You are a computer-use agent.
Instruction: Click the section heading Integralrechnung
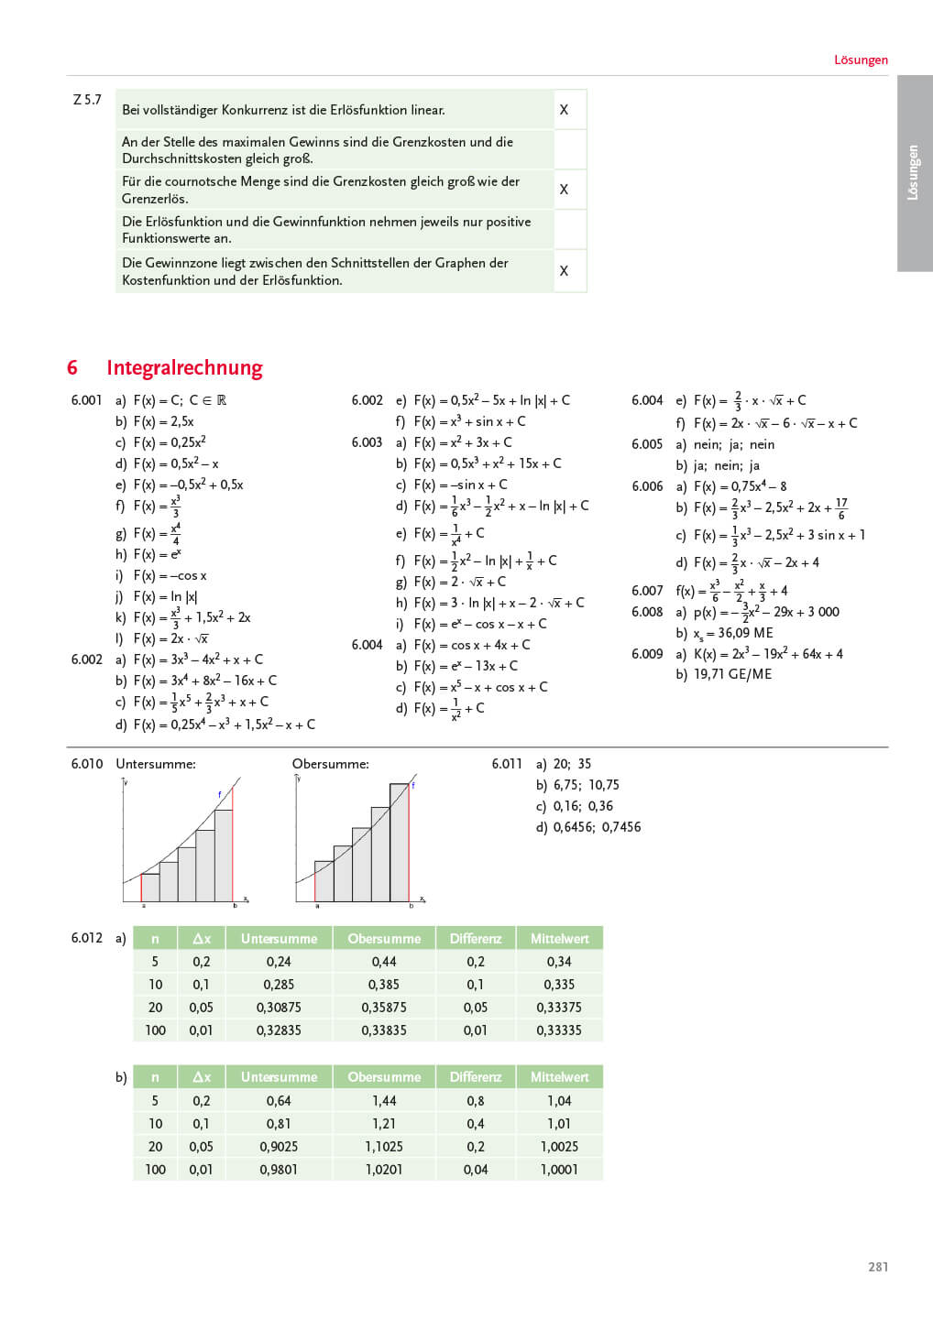pyautogui.click(x=184, y=368)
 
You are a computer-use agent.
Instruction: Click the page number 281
pyautogui.click(x=877, y=1267)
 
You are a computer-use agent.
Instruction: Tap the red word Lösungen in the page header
pyautogui.click(x=861, y=60)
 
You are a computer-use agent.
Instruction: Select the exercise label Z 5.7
pyautogui.click(x=87, y=100)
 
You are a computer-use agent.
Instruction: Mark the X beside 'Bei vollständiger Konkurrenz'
pyautogui.click(x=564, y=110)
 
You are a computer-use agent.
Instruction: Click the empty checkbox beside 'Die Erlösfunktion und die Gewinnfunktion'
pyautogui.click(x=570, y=229)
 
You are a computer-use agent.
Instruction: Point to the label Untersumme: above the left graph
pyautogui.click(x=156, y=764)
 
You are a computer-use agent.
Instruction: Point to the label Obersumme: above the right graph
pyautogui.click(x=331, y=764)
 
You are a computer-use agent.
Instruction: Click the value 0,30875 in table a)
pyautogui.click(x=279, y=1008)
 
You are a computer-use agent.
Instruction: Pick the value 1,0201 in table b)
pyautogui.click(x=384, y=1170)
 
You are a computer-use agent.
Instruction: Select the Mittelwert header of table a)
pyautogui.click(x=559, y=939)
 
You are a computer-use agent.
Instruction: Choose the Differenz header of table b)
pyautogui.click(x=476, y=1077)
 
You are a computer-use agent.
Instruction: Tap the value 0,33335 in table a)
pyautogui.click(x=559, y=1030)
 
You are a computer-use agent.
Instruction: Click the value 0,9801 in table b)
pyautogui.click(x=279, y=1170)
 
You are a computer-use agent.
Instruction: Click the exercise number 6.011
pyautogui.click(x=507, y=764)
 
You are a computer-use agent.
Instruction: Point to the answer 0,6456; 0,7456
pyautogui.click(x=597, y=827)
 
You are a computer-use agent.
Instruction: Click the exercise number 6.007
pyautogui.click(x=647, y=591)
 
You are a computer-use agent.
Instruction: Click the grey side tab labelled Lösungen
pyautogui.click(x=914, y=173)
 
